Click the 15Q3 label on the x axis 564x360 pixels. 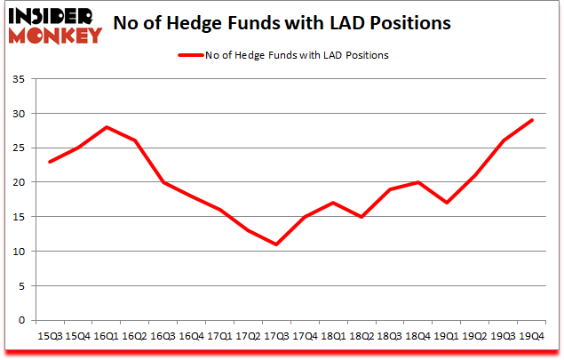[50, 336]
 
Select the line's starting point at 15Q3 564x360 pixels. [50, 162]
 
